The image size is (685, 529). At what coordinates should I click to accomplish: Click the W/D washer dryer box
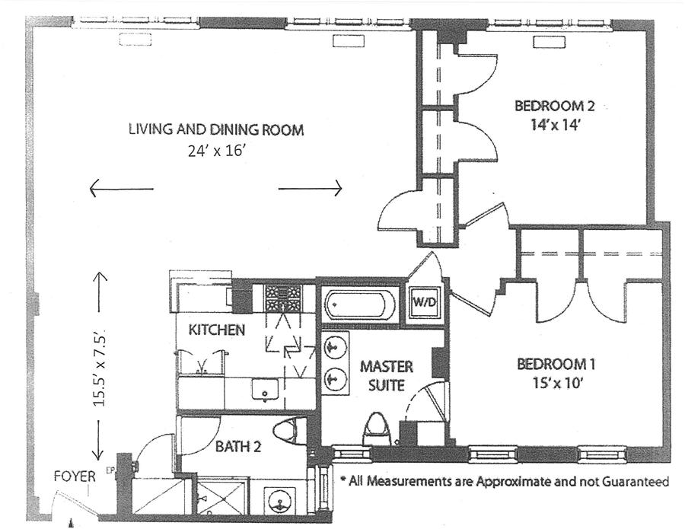[423, 301]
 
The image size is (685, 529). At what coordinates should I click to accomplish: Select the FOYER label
[74, 477]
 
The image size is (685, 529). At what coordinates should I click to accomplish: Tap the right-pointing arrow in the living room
[311, 188]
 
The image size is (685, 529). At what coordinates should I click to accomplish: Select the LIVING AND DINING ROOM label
[216, 130]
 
